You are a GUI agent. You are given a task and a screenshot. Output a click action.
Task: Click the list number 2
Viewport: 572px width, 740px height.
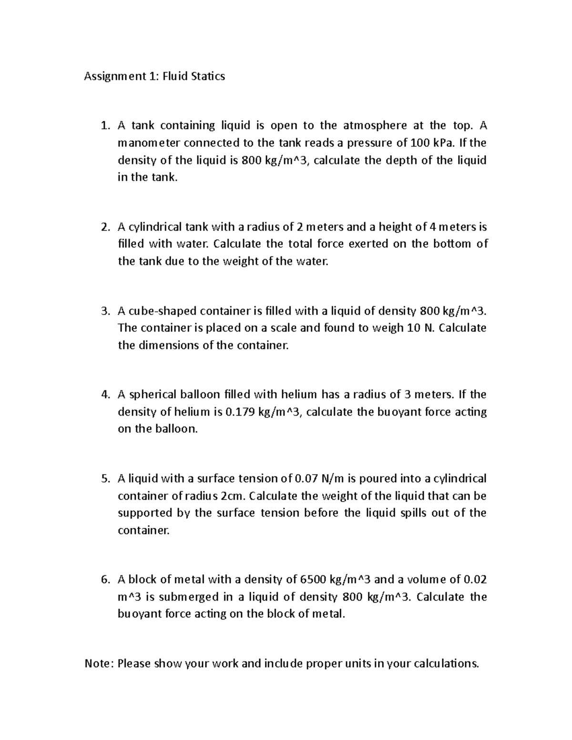[x=105, y=227]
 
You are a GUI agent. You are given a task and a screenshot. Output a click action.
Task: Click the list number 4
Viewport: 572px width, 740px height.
[x=105, y=395]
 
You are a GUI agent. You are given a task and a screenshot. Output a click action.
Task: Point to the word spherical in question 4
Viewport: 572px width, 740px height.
[x=153, y=395]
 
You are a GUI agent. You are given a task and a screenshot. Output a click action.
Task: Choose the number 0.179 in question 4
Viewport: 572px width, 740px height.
[x=239, y=412]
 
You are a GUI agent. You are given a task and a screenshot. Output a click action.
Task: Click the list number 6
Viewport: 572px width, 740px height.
[x=105, y=580]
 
